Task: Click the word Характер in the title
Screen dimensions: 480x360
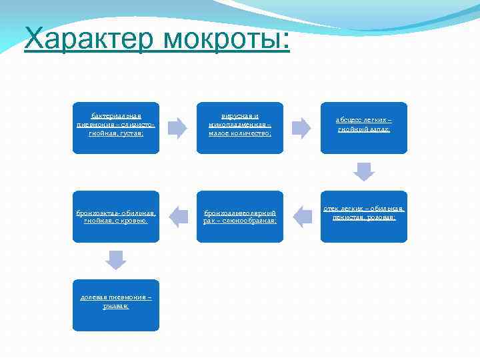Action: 81,39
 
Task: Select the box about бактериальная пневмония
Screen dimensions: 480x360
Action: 116,128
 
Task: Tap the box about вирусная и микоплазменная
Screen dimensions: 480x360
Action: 239,128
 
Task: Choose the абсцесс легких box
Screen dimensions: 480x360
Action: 363,128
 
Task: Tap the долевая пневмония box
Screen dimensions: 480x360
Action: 116,305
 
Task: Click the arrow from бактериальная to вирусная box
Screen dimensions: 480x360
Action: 177,127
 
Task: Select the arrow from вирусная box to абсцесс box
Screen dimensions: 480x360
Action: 301,127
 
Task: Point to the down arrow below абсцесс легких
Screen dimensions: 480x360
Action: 364,171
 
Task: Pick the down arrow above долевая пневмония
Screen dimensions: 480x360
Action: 116,260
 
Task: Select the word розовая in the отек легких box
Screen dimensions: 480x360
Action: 381,217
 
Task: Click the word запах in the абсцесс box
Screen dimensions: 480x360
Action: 379,129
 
